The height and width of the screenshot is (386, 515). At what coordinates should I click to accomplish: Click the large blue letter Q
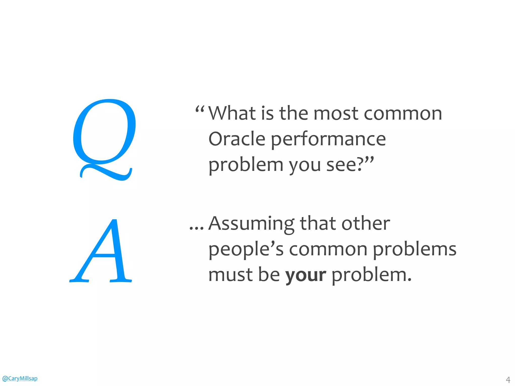click(104, 136)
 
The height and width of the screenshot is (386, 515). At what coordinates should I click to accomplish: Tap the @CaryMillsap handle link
click(20, 378)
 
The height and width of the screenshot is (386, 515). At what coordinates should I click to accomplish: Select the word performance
click(328, 140)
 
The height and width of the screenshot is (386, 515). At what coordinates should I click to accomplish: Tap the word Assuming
click(251, 224)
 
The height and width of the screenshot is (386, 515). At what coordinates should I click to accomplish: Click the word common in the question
click(403, 114)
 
